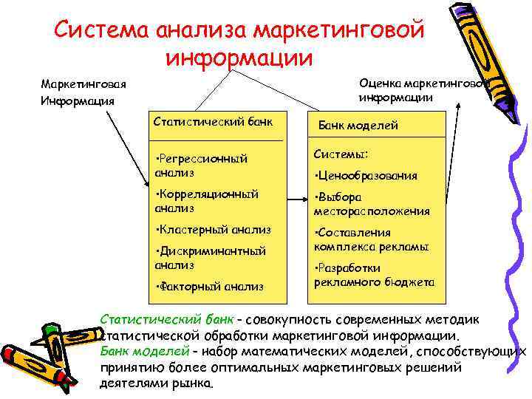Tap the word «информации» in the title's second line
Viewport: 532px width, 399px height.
point(240,57)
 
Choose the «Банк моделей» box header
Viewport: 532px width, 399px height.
point(358,126)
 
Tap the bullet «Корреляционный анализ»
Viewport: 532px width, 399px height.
point(207,201)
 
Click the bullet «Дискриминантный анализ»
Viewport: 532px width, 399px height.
point(210,257)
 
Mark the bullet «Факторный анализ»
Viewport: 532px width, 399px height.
point(209,286)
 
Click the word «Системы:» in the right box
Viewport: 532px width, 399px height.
point(341,156)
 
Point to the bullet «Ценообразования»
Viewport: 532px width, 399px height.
point(366,176)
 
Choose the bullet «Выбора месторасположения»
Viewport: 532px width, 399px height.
point(371,204)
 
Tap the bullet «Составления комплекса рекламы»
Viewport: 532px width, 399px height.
point(371,239)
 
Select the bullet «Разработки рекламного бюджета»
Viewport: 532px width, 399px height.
point(374,275)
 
